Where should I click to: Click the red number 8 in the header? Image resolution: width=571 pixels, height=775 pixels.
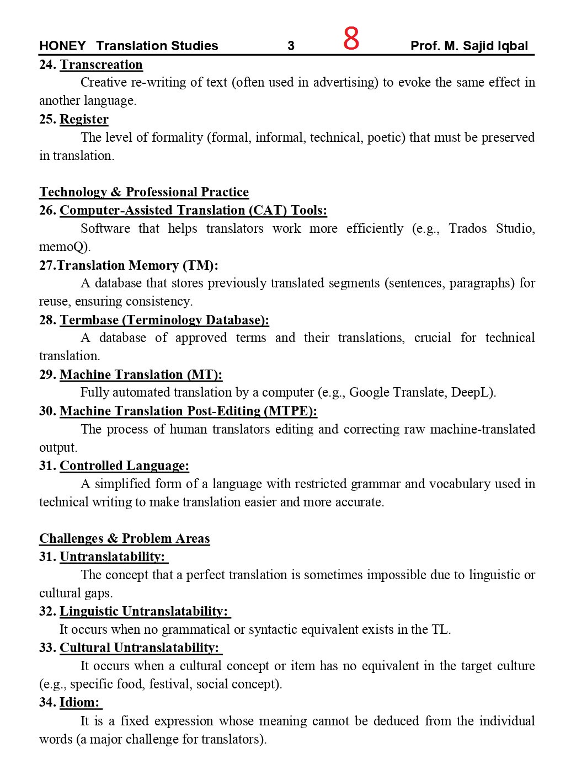351,39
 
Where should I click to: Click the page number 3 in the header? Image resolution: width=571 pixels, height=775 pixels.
291,46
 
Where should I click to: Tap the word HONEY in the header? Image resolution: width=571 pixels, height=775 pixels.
62,46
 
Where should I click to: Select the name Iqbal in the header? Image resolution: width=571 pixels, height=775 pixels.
512,46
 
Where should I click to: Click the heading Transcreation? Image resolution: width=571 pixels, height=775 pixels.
101,65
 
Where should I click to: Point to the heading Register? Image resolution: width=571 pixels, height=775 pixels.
84,119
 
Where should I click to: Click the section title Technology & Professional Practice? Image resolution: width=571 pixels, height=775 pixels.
144,192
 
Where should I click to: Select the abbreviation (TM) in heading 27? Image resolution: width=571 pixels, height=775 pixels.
200,265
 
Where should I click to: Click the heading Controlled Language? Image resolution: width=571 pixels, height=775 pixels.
124,466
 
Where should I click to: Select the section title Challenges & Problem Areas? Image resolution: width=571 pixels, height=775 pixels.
125,538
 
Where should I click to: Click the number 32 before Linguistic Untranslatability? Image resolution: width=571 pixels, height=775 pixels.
47,611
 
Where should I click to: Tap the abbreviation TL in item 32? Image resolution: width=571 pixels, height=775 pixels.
440,629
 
